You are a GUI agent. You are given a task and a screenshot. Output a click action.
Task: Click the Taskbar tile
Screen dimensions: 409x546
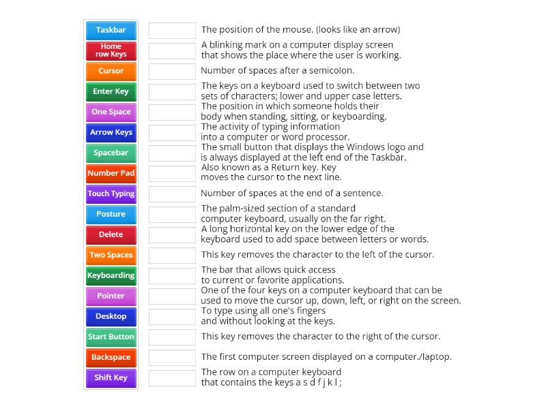[x=111, y=30]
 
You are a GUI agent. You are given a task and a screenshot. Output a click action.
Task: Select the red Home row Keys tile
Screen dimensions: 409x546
[x=111, y=50]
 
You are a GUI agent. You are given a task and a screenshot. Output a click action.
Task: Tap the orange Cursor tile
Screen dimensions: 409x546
[x=111, y=71]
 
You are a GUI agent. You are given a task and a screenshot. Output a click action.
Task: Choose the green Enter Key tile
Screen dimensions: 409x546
[x=111, y=91]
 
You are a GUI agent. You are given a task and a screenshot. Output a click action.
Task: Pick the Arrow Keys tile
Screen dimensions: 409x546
[x=111, y=132]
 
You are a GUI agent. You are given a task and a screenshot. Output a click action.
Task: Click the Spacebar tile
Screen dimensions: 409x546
[x=111, y=153]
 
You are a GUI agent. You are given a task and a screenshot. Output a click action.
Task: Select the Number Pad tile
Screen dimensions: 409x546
[x=111, y=173]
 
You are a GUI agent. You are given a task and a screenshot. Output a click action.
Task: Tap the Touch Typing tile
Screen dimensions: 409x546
[x=111, y=194]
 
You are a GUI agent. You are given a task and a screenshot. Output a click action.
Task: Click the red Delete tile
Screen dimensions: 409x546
[x=111, y=234]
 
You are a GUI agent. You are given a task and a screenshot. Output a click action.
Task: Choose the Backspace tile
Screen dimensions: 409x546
[x=111, y=357]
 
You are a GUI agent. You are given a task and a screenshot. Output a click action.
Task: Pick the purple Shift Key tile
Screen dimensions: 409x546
[x=111, y=378]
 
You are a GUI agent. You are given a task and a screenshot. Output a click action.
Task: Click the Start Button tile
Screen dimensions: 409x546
[x=111, y=337]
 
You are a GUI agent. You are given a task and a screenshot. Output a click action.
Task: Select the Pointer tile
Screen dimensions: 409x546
[x=111, y=296]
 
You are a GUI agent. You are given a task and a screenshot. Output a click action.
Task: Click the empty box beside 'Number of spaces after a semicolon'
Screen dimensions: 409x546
[x=172, y=71]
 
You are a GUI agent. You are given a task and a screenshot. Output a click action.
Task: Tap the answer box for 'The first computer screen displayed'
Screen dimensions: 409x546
[x=172, y=357]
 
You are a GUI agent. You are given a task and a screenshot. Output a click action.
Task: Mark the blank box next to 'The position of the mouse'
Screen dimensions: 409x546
[x=172, y=30]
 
